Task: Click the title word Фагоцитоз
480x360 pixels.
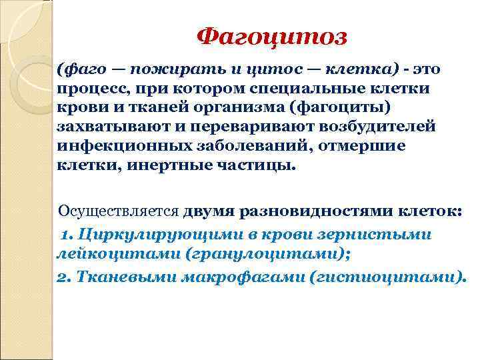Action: [x=272, y=36]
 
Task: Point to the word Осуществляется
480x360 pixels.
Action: [x=119, y=212]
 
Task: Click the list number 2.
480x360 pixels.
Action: [x=60, y=277]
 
